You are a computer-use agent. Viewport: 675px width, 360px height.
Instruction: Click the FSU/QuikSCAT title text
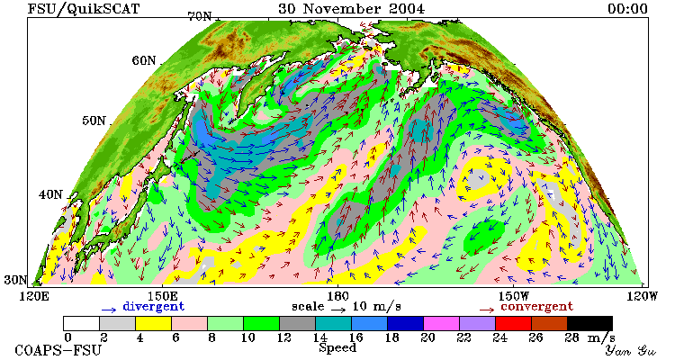pyautogui.click(x=84, y=9)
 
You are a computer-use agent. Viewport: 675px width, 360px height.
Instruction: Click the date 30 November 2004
pyautogui.click(x=351, y=9)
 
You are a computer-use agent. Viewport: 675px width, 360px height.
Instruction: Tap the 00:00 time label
pyautogui.click(x=627, y=9)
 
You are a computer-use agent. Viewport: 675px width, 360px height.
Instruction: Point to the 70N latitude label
pyautogui.click(x=200, y=16)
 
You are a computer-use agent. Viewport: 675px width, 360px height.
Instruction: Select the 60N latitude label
pyautogui.click(x=144, y=60)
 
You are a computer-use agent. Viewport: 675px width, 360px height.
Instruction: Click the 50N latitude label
pyautogui.click(x=94, y=121)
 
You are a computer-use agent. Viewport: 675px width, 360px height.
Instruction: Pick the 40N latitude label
pyautogui.click(x=50, y=194)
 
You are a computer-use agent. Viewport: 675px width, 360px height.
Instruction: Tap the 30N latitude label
pyautogui.click(x=16, y=280)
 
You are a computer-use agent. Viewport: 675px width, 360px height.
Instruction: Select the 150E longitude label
pyautogui.click(x=162, y=297)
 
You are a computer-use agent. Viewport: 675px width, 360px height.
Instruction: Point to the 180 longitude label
pyautogui.click(x=337, y=297)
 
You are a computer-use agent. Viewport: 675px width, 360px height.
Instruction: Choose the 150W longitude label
pyautogui.click(x=514, y=297)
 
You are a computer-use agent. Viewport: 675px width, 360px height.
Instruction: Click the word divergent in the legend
pyautogui.click(x=153, y=307)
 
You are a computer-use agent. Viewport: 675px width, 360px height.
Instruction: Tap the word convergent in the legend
pyautogui.click(x=536, y=307)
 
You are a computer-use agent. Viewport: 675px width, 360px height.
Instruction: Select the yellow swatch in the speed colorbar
pyautogui.click(x=153, y=323)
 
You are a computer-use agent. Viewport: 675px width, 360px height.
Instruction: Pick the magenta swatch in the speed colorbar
pyautogui.click(x=441, y=323)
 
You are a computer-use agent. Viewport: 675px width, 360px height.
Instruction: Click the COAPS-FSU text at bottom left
pyautogui.click(x=58, y=350)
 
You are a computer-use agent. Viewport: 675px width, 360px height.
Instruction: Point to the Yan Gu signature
pyautogui.click(x=631, y=350)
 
